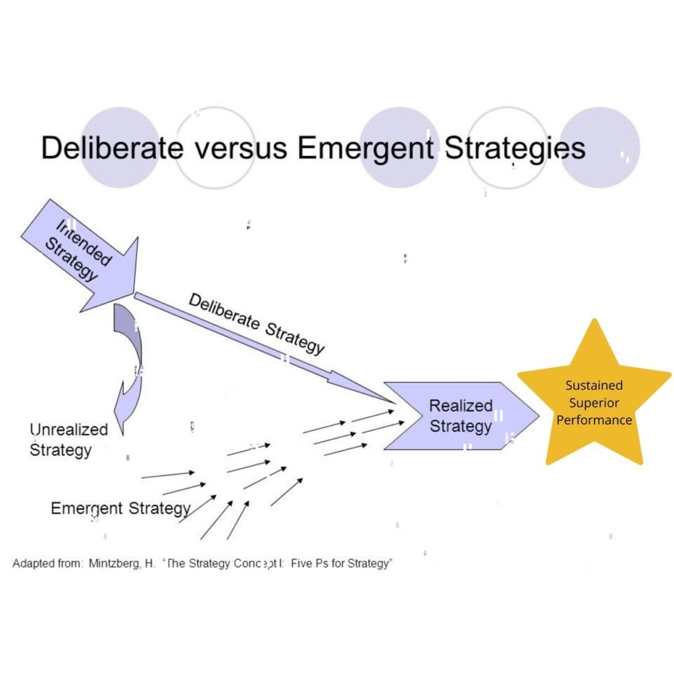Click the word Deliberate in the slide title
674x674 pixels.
112,148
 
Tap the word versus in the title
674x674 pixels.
241,148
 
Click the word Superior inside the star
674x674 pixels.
594,403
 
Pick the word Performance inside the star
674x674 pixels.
594,420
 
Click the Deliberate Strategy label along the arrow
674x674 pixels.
257,323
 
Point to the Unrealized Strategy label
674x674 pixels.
68,440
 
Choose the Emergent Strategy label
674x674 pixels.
120,508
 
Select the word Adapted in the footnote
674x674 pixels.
34,564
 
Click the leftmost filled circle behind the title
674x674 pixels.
120,147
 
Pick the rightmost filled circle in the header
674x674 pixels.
600,147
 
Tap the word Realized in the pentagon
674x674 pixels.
461,406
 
